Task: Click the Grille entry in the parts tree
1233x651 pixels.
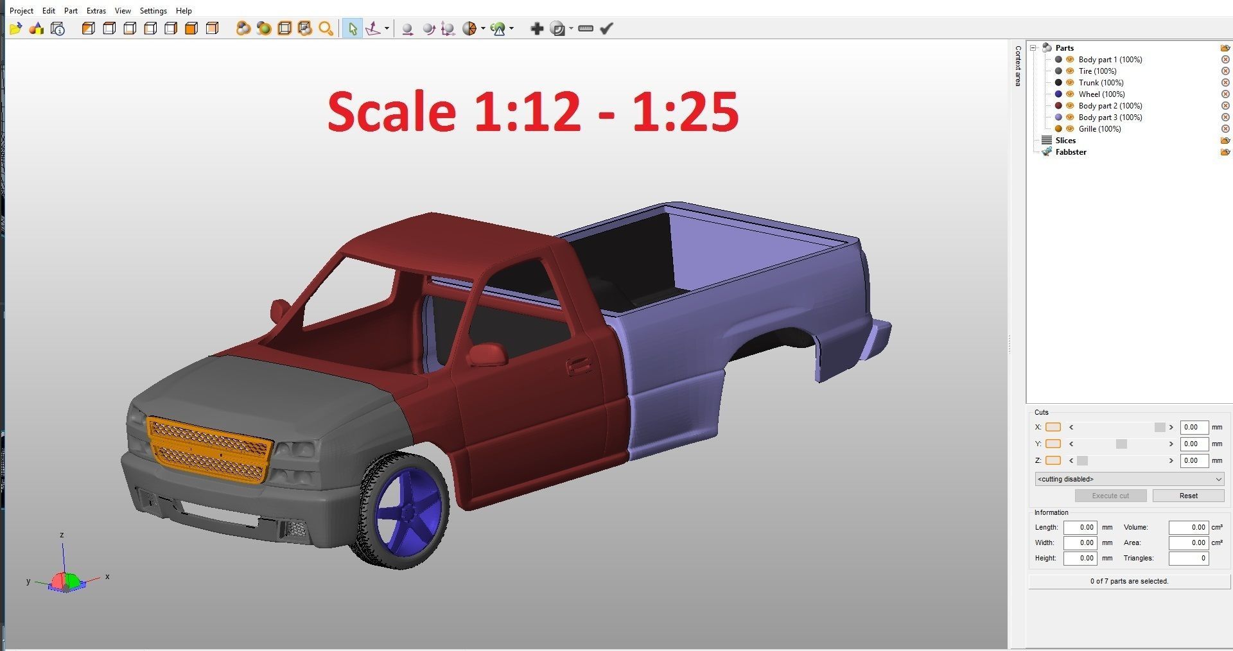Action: pyautogui.click(x=1099, y=129)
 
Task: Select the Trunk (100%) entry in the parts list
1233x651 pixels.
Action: pyautogui.click(x=1101, y=83)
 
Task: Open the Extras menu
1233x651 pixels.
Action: pyautogui.click(x=96, y=11)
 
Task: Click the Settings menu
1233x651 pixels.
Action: pyautogui.click(x=153, y=11)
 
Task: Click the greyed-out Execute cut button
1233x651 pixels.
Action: pyautogui.click(x=1110, y=496)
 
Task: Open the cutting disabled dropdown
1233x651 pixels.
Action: pyautogui.click(x=1129, y=479)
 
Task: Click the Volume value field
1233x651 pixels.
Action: pyautogui.click(x=1188, y=527)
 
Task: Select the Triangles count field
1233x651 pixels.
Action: pyautogui.click(x=1188, y=558)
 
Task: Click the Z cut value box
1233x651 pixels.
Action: pyautogui.click(x=1194, y=460)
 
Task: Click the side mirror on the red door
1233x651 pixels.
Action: pyautogui.click(x=487, y=354)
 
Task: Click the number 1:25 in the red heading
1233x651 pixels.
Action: pyautogui.click(x=685, y=112)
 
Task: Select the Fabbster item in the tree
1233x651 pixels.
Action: pyautogui.click(x=1071, y=152)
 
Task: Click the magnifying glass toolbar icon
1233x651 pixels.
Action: pyautogui.click(x=326, y=28)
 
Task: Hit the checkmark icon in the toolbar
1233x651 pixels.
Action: pyautogui.click(x=606, y=28)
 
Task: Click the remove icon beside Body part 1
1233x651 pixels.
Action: pyautogui.click(x=1225, y=60)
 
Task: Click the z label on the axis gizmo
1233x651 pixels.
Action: pyautogui.click(x=62, y=535)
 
